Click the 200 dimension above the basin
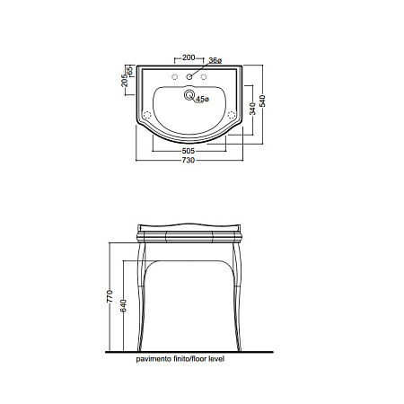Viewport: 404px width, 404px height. [189, 57]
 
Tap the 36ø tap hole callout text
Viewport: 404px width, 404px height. [215, 61]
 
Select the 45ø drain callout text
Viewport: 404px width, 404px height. [203, 99]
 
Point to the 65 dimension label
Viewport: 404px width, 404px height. [130, 71]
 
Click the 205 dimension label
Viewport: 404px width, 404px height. [124, 81]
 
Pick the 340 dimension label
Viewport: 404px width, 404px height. [252, 109]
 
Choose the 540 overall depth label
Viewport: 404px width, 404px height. [262, 101]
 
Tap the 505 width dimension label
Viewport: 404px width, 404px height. [189, 151]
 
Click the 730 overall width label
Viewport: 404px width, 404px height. [189, 160]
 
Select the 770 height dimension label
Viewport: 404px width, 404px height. [110, 296]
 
